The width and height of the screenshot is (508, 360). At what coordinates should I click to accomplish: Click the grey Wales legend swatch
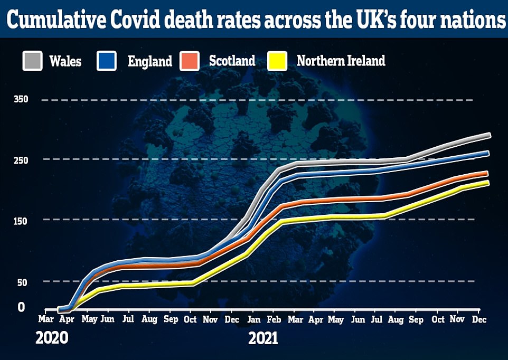[x=33, y=61]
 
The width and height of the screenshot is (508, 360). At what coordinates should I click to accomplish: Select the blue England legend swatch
[x=107, y=61]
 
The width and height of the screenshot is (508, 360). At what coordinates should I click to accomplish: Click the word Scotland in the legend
[x=232, y=61]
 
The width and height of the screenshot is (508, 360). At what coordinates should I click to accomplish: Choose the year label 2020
[x=52, y=338]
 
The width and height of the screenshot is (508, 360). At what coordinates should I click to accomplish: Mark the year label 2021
[x=264, y=338]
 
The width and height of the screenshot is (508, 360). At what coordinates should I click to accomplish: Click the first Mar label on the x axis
[x=46, y=320]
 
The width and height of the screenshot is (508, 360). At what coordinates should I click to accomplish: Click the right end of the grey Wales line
[x=489, y=136]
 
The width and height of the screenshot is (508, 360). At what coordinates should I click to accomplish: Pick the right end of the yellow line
[x=487, y=183]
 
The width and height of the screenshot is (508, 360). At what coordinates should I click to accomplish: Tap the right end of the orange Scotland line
[x=486, y=173]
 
